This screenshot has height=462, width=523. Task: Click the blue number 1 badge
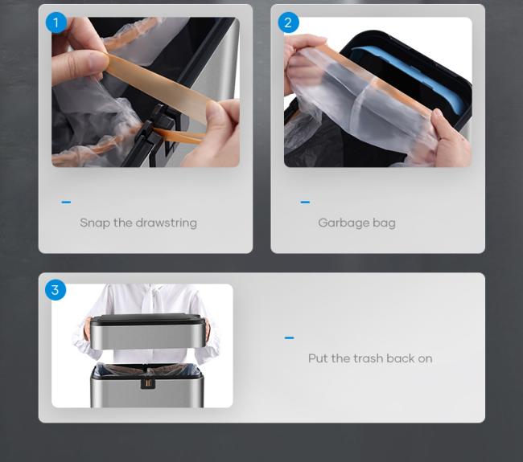[56, 22]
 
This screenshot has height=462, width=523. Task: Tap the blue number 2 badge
[288, 22]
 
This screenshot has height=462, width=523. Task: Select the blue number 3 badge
[56, 290]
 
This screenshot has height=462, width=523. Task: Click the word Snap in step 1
[95, 223]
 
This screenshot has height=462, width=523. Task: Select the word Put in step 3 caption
[318, 358]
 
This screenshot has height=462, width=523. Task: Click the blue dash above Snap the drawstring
[66, 202]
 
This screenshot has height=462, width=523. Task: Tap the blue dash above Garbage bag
[305, 202]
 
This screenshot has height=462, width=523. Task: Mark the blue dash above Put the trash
[289, 337]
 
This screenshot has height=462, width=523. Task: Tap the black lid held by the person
[146, 320]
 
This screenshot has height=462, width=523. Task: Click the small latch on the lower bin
[148, 383]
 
